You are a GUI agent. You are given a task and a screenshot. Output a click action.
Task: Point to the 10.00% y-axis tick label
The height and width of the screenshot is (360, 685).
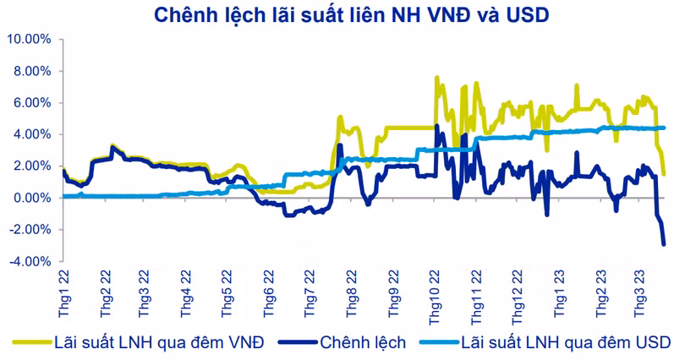tap(30, 39)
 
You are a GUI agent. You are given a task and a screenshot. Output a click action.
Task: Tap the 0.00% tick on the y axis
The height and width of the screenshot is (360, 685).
tap(32, 198)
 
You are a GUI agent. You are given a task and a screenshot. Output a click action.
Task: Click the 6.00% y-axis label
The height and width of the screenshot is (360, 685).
tap(32, 102)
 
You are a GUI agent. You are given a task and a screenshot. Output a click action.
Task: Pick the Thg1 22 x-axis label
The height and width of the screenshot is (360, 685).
tap(64, 293)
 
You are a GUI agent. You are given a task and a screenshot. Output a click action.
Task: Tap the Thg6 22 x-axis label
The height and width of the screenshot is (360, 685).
tap(269, 293)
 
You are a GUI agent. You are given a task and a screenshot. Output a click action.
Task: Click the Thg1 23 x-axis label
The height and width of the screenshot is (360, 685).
tap(558, 293)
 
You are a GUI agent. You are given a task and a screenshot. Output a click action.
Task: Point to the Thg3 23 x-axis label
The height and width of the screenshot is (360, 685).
tap(641, 293)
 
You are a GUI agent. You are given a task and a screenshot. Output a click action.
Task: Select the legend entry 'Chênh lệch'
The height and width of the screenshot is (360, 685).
tap(363, 342)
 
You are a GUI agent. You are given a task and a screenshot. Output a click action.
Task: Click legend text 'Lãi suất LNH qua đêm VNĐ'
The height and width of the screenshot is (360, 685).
tap(159, 342)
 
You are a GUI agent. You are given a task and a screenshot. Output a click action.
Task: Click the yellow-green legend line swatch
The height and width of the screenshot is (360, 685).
tap(30, 343)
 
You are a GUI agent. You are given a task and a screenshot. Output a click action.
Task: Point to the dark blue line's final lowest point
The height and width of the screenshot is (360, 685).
tap(664, 244)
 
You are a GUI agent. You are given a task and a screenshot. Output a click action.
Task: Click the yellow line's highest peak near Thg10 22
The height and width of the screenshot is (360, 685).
tap(436, 78)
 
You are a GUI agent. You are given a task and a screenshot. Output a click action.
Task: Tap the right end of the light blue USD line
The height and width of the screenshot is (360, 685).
tap(664, 128)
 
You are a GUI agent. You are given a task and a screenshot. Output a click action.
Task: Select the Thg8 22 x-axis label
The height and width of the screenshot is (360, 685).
tap(352, 293)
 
